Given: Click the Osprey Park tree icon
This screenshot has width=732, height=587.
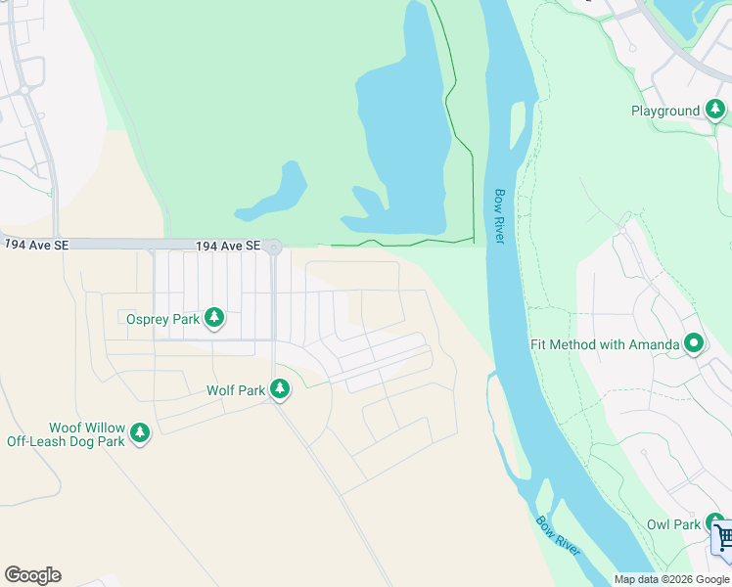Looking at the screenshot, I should click(x=214, y=318).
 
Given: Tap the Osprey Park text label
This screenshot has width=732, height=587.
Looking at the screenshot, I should click(x=162, y=319).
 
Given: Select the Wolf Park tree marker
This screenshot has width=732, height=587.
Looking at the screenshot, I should click(x=280, y=390).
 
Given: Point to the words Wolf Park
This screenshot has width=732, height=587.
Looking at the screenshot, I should click(x=235, y=390).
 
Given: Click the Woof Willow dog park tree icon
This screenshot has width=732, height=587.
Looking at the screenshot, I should click(x=140, y=431).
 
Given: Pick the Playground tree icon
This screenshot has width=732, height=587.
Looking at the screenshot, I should click(x=715, y=110).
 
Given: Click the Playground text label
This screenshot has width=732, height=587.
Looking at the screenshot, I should click(x=665, y=112).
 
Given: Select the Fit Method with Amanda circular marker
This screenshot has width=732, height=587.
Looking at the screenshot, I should click(x=694, y=343).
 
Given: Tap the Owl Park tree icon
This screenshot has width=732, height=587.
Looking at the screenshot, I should click(x=715, y=523).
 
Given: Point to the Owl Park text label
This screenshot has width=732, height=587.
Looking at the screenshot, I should click(x=673, y=524).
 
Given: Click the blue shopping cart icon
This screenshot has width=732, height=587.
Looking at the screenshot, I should click(x=723, y=538).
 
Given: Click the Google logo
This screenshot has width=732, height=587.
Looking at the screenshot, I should click(x=32, y=575).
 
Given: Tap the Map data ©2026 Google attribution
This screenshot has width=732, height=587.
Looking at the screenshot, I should click(x=671, y=579).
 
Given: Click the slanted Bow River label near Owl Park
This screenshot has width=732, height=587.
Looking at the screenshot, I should click(x=558, y=535).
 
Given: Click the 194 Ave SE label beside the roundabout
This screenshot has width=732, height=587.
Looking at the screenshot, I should click(x=228, y=247).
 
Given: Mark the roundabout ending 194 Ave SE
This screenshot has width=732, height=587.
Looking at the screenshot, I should click(x=273, y=248).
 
